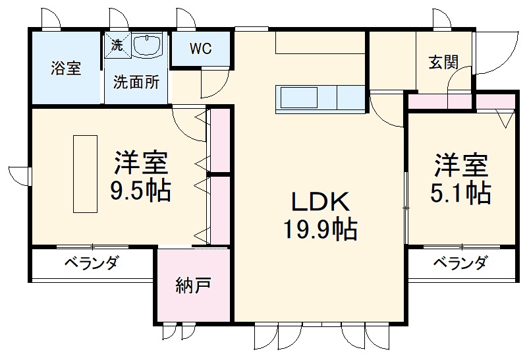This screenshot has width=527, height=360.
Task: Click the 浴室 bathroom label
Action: coord(66,68)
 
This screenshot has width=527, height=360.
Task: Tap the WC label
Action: coord(201,49)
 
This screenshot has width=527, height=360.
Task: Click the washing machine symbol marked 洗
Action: coord(117,45)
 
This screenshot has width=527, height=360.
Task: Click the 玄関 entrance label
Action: coord(443,63)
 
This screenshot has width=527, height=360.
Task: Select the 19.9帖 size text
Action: coord(319,229)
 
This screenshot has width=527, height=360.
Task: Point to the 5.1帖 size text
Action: coord(460,192)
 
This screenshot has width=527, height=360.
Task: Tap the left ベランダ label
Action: coord(91,264)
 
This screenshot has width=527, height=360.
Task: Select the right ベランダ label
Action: coord(460,264)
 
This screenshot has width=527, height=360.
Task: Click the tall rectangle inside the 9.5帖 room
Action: coord(85,173)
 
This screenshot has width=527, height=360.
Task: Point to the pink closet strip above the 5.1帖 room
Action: coord(461,102)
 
